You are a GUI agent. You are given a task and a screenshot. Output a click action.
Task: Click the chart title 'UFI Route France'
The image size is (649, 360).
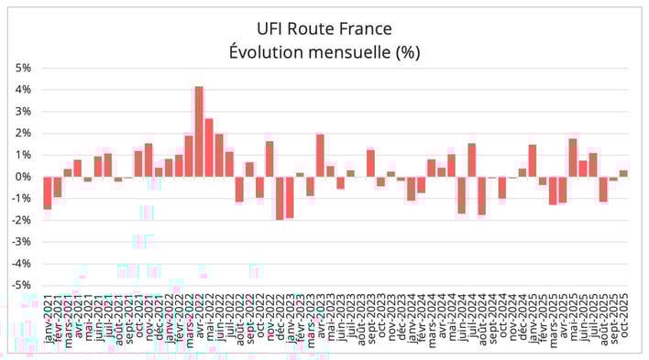pos(324,27)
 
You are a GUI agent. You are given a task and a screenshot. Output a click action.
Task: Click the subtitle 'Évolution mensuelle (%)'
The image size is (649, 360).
pos(324,51)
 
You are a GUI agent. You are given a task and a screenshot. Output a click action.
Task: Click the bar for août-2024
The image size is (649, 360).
pos(481,195)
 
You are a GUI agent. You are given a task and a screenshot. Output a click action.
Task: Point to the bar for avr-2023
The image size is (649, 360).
pos(321,155)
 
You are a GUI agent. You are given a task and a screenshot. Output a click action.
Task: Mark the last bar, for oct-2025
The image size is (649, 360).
pos(623,173)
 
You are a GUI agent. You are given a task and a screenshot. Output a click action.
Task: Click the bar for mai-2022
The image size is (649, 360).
pos(209,147)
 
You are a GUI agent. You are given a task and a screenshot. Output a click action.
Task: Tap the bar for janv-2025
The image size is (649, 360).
pos(533,160)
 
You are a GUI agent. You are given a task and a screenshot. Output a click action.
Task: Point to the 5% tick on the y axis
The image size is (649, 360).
pos(24,68)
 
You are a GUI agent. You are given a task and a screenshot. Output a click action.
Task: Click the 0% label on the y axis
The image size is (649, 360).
pos(24,176)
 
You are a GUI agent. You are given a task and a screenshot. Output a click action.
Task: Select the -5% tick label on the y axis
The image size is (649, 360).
pos(22,284)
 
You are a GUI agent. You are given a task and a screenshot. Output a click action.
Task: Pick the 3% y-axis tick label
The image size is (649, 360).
pos(24,111)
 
